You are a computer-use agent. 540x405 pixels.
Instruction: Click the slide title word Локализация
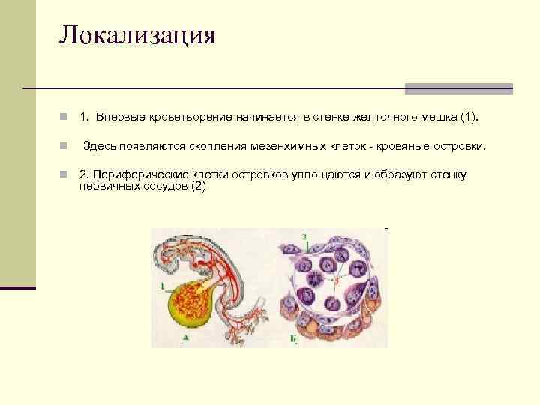138,36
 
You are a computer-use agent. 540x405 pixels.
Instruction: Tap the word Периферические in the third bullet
133,175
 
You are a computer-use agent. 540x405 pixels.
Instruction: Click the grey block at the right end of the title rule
458,88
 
